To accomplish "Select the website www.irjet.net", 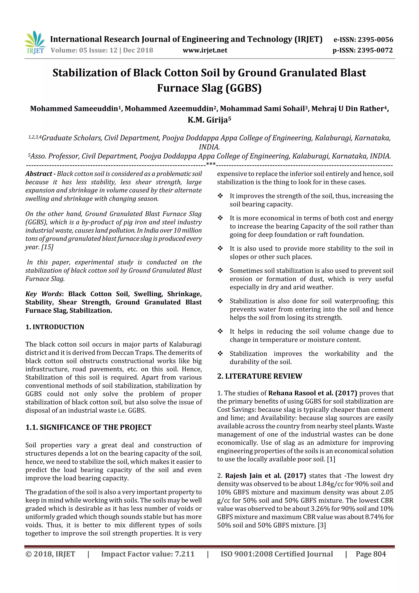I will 205,50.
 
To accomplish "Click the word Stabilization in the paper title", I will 84,73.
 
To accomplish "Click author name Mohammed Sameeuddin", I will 74,108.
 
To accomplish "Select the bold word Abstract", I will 38,174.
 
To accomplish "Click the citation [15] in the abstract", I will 47,247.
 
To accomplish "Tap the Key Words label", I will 43,294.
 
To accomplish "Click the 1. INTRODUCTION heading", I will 55,327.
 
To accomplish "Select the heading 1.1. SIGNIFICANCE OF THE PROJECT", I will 88,427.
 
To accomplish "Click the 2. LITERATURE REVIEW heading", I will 259,376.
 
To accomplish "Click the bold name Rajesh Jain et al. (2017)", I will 265,476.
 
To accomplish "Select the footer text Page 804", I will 371,554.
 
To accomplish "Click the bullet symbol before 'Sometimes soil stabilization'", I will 220,271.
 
